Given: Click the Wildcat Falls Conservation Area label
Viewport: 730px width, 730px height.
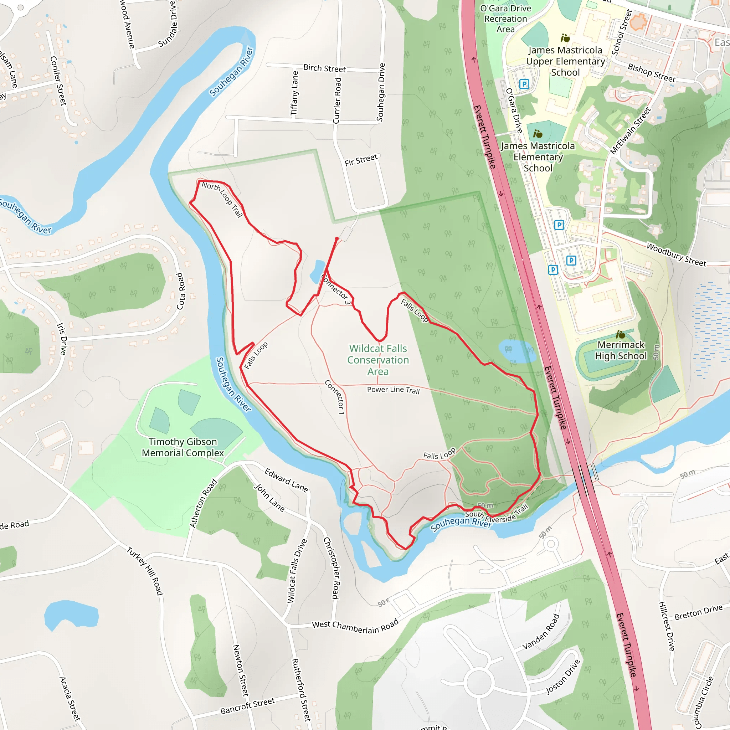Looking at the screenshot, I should pos(378,360).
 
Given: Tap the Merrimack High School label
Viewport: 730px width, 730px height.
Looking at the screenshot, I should pos(621,350).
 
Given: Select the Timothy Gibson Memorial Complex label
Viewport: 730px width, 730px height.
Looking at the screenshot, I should pos(182,447).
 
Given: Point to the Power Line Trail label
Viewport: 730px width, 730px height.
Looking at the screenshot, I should pos(394,390).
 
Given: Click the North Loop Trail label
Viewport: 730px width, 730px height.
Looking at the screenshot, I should pos(222,199).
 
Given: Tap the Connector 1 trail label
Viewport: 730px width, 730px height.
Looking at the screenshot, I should pos(335,397).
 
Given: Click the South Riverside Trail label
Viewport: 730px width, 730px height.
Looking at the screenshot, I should pos(497,515).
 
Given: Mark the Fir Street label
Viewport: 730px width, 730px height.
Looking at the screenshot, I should pos(361,160).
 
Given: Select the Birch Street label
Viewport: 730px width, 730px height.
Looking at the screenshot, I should pos(324,68).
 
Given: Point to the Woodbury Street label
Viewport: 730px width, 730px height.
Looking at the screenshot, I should pos(676,255).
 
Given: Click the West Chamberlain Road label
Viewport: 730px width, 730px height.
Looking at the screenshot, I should pos(355,627).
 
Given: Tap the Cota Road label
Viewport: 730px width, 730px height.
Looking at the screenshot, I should pos(181,291).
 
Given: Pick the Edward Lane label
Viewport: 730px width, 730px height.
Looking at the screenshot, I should pos(286,480).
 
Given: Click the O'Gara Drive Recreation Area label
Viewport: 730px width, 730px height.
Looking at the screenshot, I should pos(505,19).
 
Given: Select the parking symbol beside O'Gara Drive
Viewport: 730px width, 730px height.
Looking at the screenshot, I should pos(524,84).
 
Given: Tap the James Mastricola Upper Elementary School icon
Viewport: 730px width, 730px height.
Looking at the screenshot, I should pos(565,38).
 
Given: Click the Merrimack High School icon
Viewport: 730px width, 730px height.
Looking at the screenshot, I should pos(621,334).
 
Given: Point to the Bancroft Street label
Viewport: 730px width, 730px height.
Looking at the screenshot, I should pos(247,706).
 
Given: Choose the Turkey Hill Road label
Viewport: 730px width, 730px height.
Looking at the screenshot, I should pos(145,571).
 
